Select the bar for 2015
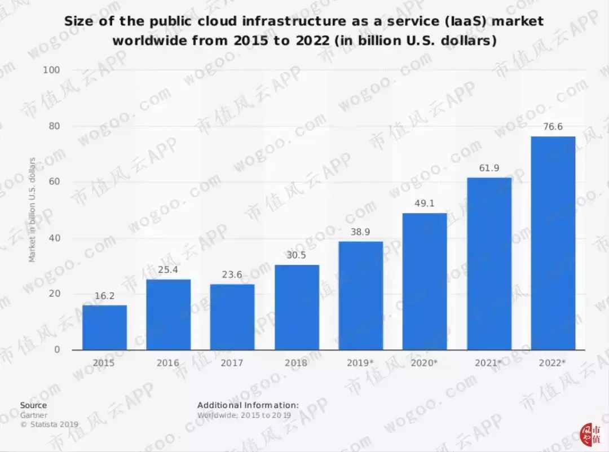point(104,327)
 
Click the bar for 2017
point(232,317)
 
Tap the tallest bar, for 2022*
point(553,243)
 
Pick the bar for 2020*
point(424,281)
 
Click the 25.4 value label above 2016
point(168,270)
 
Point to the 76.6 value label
point(553,127)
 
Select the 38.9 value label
point(360,232)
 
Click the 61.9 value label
point(489,168)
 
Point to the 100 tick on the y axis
point(51,70)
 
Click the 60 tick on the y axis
point(54,182)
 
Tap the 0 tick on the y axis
point(57,350)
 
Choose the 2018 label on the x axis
point(296,363)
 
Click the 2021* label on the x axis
point(488,363)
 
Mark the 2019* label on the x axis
point(360,363)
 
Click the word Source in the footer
point(34,405)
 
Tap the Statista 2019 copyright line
point(50,424)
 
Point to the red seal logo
point(589,432)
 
